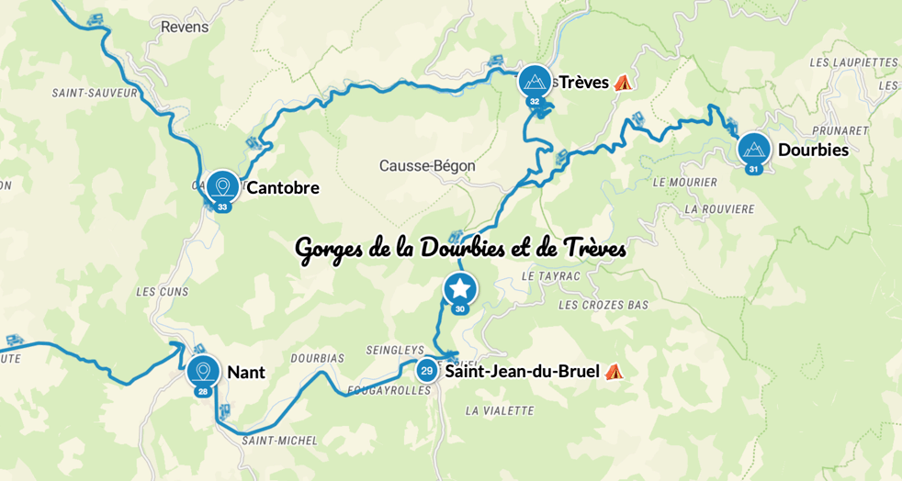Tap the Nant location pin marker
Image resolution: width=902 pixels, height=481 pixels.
tap(202, 372)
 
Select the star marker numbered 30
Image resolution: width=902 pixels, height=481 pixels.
tap(460, 290)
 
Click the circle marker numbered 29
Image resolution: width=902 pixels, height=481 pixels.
tap(426, 371)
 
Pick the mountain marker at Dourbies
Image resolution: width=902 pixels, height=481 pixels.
tap(754, 150)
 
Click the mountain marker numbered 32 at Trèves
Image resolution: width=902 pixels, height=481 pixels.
tap(535, 82)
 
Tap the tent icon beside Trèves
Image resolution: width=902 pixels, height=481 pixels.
tap(623, 83)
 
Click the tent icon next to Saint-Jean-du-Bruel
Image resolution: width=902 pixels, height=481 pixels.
tap(614, 372)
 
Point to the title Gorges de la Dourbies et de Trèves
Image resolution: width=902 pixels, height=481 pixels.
tap(460, 249)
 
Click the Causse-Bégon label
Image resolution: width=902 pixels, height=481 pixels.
tap(427, 166)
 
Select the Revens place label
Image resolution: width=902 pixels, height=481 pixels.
tap(185, 27)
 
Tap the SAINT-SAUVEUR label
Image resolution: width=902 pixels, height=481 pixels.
tap(95, 93)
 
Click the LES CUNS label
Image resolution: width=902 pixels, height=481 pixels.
tap(162, 292)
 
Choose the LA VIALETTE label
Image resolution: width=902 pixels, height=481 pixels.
tap(499, 410)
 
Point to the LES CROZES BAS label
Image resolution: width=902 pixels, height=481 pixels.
tap(603, 305)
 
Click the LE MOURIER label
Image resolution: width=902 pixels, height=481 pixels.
tap(684, 183)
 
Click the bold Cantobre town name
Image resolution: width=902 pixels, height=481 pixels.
tap(283, 188)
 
